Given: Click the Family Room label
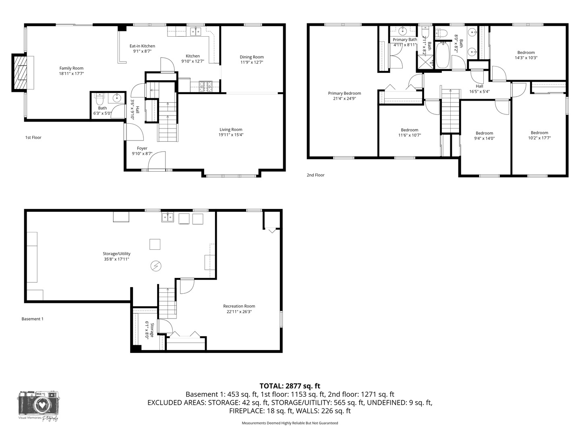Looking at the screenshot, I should (x=71, y=68).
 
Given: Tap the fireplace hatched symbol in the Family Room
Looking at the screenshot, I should (x=20, y=72).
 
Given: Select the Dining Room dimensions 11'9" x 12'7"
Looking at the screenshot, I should (x=252, y=62).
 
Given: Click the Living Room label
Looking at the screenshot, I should (x=231, y=129).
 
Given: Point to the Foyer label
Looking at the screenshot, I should (x=142, y=148).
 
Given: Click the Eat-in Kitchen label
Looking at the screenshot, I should (x=142, y=46).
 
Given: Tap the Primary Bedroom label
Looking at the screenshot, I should (x=344, y=93).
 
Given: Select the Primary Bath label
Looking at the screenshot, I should (x=405, y=39).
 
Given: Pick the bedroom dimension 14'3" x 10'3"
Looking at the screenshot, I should (x=526, y=58).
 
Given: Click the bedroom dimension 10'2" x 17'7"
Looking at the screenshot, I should (x=539, y=138).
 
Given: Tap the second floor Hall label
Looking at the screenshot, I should (x=479, y=86).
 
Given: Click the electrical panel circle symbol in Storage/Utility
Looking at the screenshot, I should (x=155, y=265).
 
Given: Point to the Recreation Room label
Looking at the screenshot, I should (x=239, y=306).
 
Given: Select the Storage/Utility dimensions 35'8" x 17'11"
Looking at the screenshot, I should (x=116, y=259).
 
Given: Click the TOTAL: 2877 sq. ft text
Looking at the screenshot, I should (x=290, y=386).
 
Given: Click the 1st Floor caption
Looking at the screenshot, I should (x=33, y=137).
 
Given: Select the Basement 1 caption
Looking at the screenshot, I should (x=32, y=319).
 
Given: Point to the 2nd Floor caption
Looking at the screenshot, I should (x=315, y=175).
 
